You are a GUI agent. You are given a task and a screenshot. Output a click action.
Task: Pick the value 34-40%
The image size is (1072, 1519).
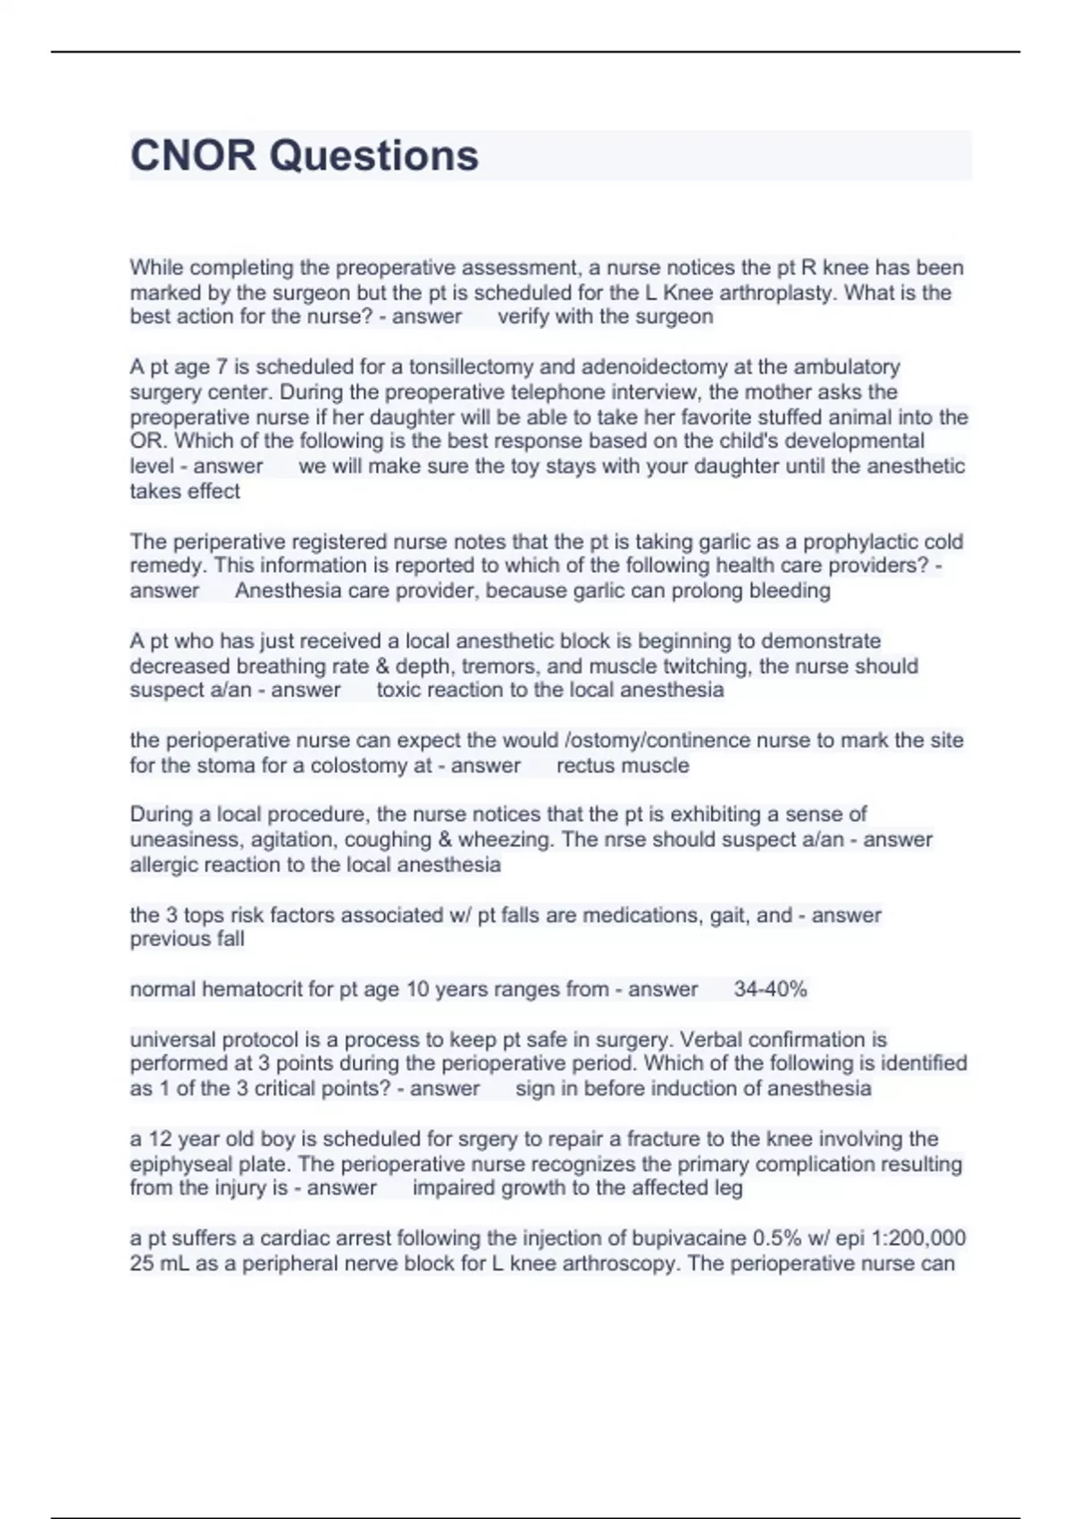pyautogui.click(x=770, y=990)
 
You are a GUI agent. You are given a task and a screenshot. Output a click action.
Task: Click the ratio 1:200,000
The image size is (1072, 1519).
pyautogui.click(x=916, y=1238)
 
